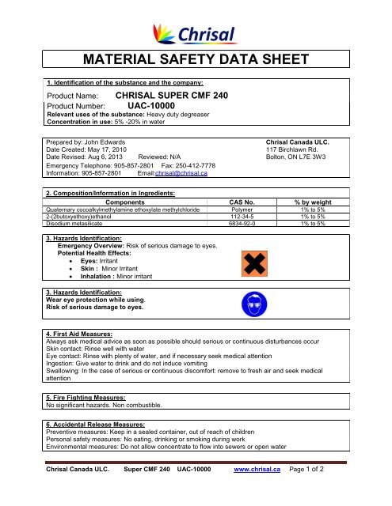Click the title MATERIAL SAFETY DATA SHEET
(x=196, y=62)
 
